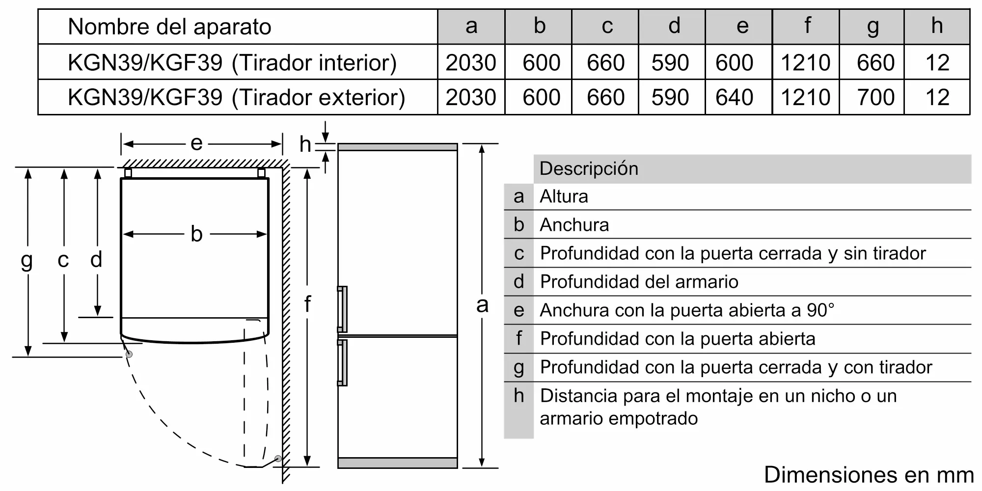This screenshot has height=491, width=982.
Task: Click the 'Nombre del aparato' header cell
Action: point(169,27)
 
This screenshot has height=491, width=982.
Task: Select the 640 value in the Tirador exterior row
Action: point(734,97)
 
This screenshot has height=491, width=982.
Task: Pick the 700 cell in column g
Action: point(875,97)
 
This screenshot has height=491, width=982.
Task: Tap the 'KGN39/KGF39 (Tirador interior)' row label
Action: point(232,63)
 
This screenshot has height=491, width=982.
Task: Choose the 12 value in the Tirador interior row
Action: point(937,63)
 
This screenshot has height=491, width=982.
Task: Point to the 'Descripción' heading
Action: point(589,169)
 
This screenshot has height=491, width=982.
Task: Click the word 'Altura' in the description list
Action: point(564,197)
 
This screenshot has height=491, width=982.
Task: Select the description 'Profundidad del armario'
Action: point(639,282)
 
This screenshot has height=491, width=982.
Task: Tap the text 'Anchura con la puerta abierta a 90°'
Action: point(686,310)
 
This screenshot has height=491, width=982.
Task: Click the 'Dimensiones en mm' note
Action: point(869,475)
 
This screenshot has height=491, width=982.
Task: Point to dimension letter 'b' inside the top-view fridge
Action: point(196,234)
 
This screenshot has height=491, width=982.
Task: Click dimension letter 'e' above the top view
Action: point(196,143)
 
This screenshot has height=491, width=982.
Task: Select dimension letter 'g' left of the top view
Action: point(27,260)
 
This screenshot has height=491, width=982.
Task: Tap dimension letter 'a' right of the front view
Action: point(482,305)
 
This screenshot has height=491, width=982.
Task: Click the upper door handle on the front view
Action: point(342,309)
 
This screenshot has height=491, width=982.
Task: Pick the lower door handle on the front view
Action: point(342,362)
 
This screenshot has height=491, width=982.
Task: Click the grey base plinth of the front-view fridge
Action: point(397,463)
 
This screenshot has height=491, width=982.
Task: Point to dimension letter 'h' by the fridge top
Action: point(305,145)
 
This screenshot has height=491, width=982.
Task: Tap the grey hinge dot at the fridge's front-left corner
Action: point(129,354)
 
